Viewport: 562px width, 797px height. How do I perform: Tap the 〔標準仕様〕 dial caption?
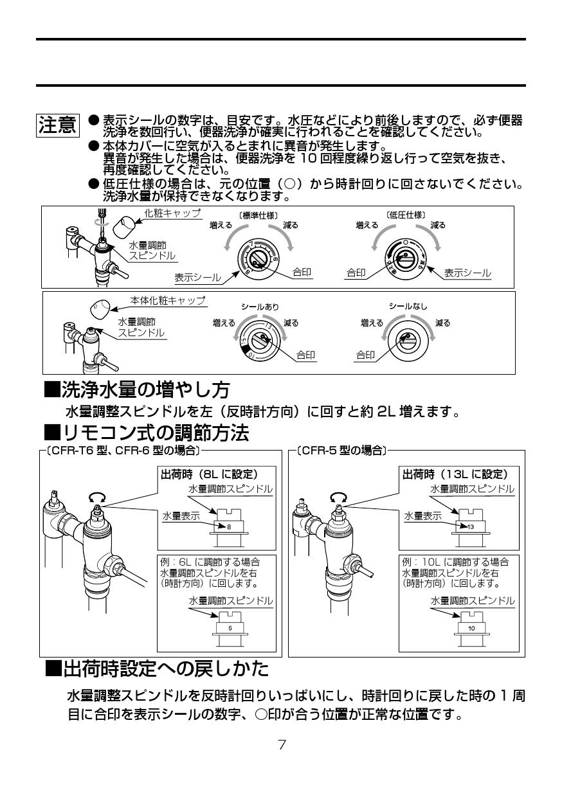click(x=258, y=215)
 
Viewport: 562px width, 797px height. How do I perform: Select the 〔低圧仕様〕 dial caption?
click(x=406, y=215)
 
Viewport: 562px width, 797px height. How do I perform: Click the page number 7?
click(x=282, y=746)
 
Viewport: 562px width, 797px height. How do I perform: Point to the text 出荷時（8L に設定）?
click(x=209, y=474)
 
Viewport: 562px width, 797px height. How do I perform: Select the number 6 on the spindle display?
click(x=230, y=628)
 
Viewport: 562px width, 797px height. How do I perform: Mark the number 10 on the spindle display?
click(x=471, y=628)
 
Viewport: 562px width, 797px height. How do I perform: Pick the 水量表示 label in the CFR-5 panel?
click(x=422, y=515)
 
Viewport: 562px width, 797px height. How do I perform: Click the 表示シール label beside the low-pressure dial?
click(x=467, y=273)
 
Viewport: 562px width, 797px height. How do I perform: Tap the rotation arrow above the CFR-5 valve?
click(x=338, y=496)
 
